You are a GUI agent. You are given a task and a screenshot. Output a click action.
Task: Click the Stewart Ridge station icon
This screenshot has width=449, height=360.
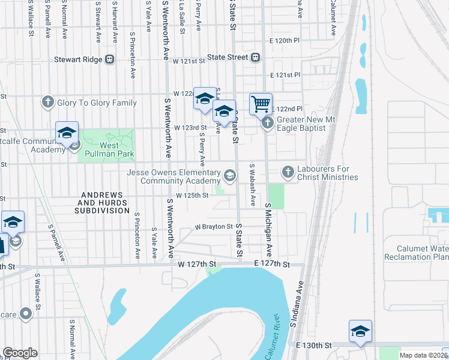point(109,59)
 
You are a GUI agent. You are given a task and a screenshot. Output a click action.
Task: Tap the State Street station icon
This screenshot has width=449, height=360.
point(255,58)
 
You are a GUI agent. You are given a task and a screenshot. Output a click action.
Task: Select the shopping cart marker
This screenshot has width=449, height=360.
point(261,104)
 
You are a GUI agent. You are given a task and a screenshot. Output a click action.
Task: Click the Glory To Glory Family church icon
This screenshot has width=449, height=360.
point(48,103)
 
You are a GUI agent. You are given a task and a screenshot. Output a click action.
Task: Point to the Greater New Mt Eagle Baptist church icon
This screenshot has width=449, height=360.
point(268,123)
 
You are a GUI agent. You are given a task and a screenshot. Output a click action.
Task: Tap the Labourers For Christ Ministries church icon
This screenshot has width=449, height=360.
point(288,172)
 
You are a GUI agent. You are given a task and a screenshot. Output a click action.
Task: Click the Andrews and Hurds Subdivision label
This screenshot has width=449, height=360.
point(103,203)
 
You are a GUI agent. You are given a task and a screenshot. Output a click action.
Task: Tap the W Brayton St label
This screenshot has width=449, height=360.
point(213,227)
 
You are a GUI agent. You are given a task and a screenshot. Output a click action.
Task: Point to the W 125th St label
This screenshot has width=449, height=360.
point(192,195)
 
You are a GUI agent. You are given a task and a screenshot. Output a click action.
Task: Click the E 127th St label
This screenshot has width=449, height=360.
point(271,264)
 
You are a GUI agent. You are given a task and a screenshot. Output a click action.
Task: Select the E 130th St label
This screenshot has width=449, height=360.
point(314,346)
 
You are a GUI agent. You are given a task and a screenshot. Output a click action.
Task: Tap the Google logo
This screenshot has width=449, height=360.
point(20,353)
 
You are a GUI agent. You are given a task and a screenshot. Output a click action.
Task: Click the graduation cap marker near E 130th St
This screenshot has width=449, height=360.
point(360,331)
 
